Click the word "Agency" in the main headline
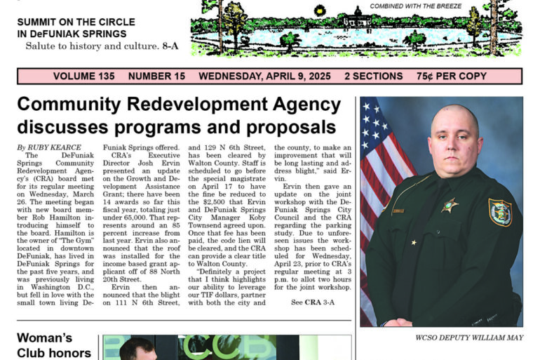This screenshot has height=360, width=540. (295, 105)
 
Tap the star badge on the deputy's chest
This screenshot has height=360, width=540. (449, 205)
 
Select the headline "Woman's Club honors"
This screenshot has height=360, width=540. (54, 345)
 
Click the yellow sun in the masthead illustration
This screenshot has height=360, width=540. (320, 11)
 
